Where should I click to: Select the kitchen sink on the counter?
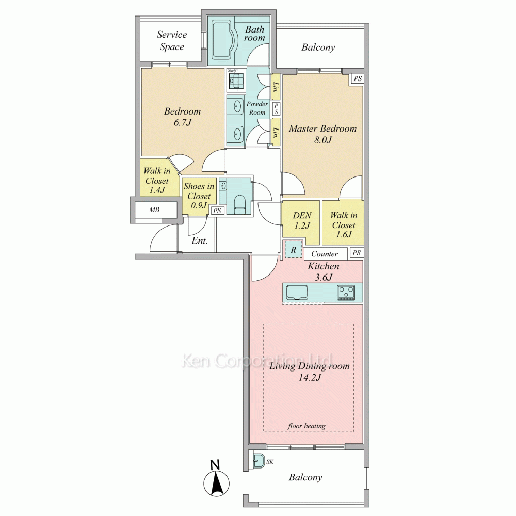coord(297,293)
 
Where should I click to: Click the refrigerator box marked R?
coord(293,250)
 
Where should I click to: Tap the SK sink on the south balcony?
coord(259,462)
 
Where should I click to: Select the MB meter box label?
coord(154,209)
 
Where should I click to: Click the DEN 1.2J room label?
coord(302,220)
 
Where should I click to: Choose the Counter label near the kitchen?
coord(325,254)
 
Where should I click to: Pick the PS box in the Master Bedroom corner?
coord(358,78)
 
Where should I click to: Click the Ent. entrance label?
coord(199,240)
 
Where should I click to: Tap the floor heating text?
coord(307,426)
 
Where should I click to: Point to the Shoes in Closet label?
coord(199,196)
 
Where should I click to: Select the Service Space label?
coord(172,40)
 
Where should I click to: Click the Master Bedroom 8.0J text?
coord(323,134)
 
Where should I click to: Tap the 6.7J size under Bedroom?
coord(182,122)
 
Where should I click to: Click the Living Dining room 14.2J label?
coord(309,372)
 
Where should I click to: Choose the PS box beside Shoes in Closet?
coord(217,211)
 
